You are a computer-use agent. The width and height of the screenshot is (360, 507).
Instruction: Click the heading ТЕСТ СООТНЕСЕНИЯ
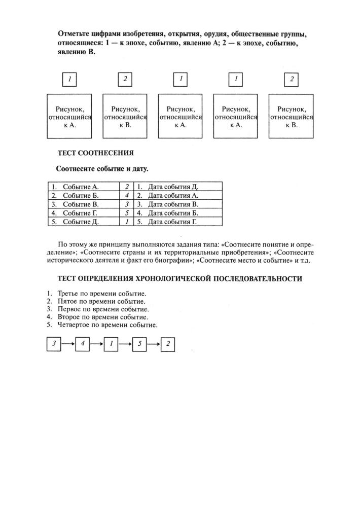(x=96, y=153)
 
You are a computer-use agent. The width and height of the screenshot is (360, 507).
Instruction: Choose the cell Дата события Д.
(x=172, y=187)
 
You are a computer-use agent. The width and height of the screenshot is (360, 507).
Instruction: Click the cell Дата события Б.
(x=172, y=213)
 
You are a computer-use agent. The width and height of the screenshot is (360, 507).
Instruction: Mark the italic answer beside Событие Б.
(x=127, y=196)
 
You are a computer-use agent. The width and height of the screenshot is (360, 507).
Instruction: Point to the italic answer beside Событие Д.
(x=127, y=222)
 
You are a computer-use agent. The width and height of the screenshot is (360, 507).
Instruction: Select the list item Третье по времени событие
(x=101, y=294)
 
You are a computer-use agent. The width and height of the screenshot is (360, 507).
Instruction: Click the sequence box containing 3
(x=53, y=344)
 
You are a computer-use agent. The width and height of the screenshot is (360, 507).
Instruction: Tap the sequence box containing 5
(x=139, y=344)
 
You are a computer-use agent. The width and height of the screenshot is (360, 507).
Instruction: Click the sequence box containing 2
(x=168, y=344)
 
